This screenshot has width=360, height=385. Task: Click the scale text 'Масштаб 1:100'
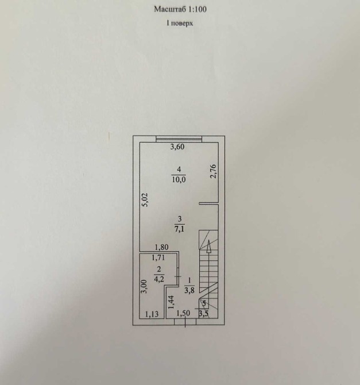180,9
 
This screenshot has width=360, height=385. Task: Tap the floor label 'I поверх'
180,24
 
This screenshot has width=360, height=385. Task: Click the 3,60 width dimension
177,147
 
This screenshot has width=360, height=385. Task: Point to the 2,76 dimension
214,171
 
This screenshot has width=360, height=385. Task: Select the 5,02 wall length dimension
145,200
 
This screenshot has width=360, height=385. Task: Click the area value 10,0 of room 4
179,179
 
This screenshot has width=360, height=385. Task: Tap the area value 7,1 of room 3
179,229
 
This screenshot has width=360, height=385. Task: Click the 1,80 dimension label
161,247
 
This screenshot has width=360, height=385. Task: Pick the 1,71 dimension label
158,257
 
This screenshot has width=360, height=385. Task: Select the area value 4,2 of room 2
159,279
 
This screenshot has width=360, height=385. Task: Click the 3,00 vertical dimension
145,286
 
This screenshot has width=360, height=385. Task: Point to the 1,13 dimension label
152,314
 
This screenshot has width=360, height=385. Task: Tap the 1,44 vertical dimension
171,302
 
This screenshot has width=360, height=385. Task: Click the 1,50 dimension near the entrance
183,313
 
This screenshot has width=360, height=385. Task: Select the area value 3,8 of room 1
189,290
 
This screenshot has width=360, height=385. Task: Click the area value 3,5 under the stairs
204,314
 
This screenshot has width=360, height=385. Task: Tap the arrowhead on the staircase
208,247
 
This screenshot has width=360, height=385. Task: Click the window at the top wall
179,139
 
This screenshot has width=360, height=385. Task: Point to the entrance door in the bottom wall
185,322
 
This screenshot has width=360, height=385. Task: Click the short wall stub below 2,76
208,203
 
